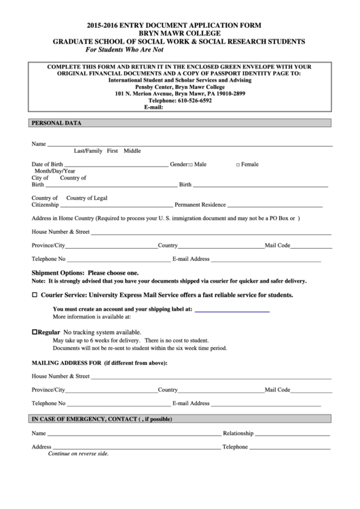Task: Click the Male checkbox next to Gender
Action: (191, 164)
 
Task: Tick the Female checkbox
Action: (238, 164)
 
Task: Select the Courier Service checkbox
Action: (35, 296)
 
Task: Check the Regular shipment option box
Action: (35, 332)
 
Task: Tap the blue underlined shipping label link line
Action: (232, 309)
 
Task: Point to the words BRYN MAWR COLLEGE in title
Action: (180, 33)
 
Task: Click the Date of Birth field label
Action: (47, 164)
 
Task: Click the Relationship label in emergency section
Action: (238, 433)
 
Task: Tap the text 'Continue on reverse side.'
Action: (78, 453)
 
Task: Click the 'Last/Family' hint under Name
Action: (88, 151)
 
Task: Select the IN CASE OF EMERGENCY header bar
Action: (102, 419)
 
